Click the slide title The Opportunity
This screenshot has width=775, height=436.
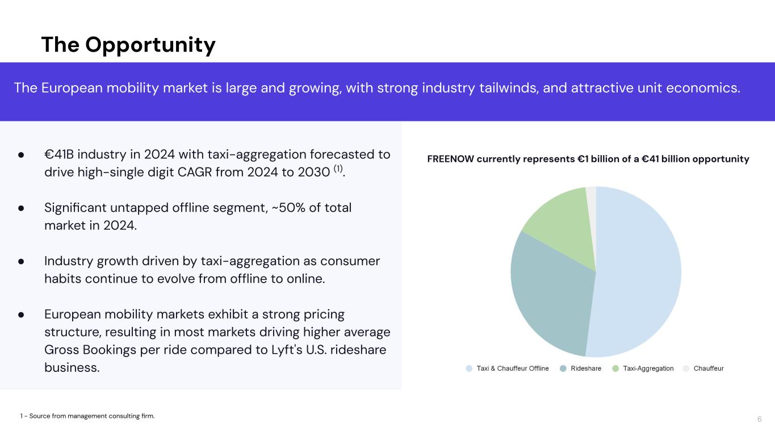128,45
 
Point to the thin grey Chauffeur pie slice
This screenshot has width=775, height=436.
591,196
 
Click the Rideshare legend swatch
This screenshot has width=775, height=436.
563,368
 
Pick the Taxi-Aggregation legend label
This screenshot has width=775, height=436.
648,368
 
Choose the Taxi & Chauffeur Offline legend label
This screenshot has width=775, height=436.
512,368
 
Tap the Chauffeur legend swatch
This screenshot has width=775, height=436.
686,368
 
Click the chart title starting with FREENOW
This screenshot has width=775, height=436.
588,159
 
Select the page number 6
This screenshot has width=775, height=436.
759,420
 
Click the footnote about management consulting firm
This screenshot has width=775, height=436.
87,416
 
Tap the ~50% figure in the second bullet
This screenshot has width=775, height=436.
293,208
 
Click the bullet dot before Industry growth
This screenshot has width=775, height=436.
21,261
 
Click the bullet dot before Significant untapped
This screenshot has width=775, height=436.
21,208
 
